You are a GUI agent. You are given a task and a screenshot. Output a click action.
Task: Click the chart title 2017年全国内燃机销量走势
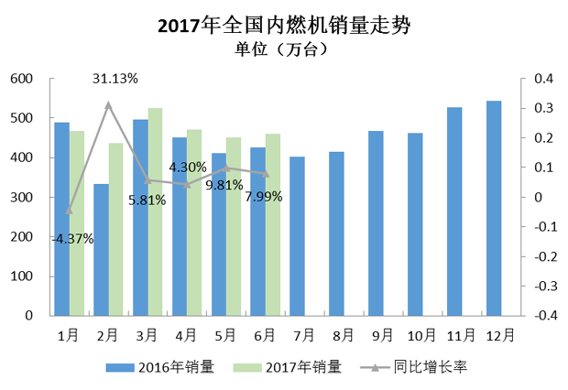pyautogui.click(x=283, y=26)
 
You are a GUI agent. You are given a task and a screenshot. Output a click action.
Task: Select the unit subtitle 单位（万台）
pyautogui.click(x=283, y=49)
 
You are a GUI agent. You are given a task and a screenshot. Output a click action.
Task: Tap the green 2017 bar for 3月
pyautogui.click(x=155, y=211)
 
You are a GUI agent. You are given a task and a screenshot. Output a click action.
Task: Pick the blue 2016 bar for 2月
pyautogui.click(x=101, y=249)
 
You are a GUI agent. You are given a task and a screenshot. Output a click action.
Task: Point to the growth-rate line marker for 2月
pyautogui.click(x=108, y=105)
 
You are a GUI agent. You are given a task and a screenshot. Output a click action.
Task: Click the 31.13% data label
pyautogui.click(x=115, y=79)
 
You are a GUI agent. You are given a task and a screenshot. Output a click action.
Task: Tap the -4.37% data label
pyautogui.click(x=73, y=239)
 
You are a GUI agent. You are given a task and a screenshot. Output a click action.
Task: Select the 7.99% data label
pyautogui.click(x=263, y=196)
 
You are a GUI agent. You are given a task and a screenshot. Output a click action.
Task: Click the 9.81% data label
pyautogui.click(x=224, y=184)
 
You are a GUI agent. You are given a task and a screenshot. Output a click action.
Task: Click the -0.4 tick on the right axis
pyautogui.click(x=543, y=315)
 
